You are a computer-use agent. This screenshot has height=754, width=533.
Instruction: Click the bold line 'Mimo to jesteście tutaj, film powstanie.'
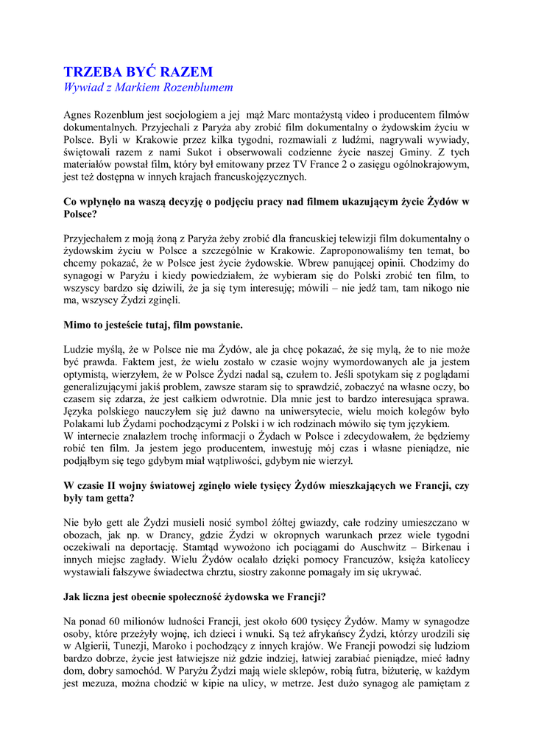pyautogui.click(x=153, y=324)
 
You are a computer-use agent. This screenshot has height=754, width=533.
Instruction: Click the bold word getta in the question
pyautogui.click(x=119, y=498)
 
